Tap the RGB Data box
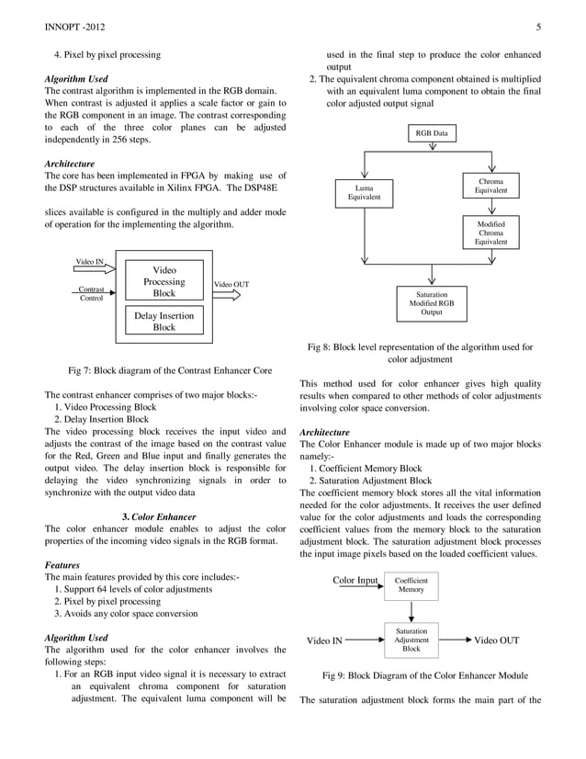tap(431, 133)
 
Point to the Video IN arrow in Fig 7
tap(91, 266)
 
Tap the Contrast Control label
tap(91, 293)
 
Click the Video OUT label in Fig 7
tap(231, 284)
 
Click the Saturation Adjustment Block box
tap(411, 640)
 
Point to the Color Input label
tap(355, 581)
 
